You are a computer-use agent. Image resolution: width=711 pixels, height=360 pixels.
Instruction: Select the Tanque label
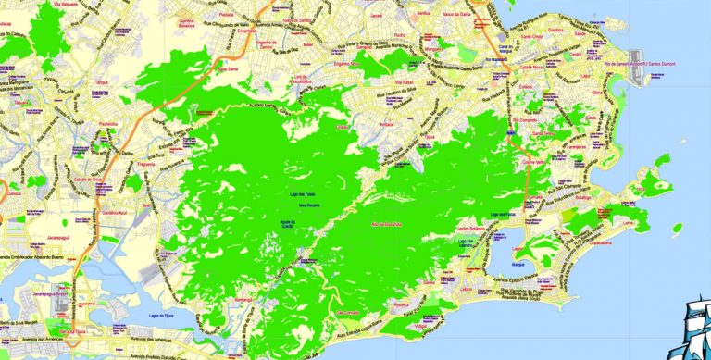tap(101, 83)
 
